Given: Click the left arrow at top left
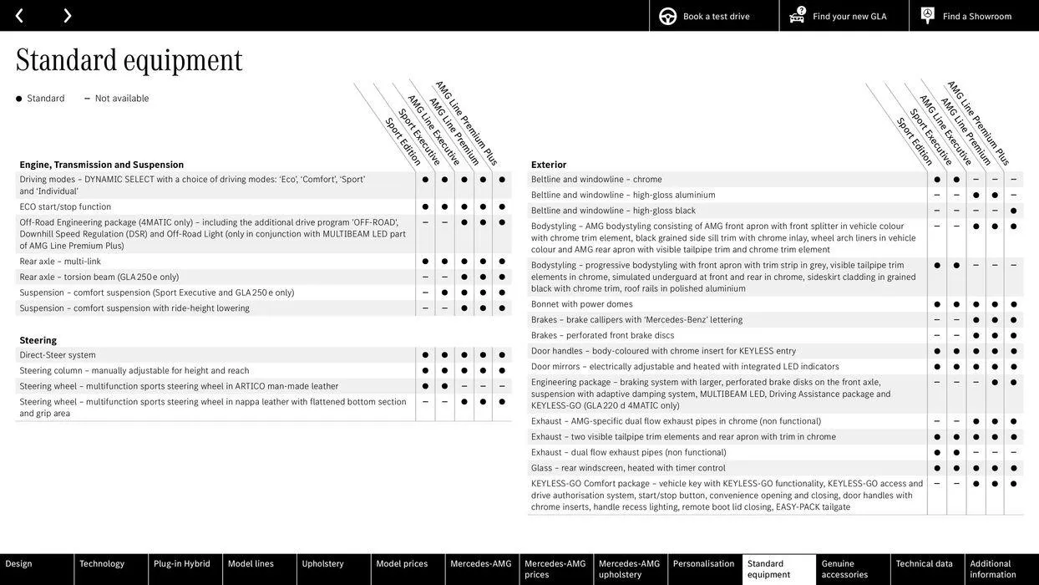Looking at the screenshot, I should tap(19, 16).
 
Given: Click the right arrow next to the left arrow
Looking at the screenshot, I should tap(67, 16).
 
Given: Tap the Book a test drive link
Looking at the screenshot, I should tap(715, 16).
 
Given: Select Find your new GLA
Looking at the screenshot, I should tap(849, 16).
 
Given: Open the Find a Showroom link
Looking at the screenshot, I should tap(976, 16).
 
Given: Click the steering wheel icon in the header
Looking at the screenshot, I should tap(668, 16).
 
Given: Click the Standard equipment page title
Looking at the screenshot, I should tap(129, 60).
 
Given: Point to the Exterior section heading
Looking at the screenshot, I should tap(549, 165).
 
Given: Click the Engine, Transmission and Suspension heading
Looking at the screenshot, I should tap(102, 165).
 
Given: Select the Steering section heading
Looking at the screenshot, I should tap(38, 340).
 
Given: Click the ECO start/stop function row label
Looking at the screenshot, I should tap(65, 206).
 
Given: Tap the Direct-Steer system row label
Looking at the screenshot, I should tap(58, 355).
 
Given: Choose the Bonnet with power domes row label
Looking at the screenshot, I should tap(582, 304).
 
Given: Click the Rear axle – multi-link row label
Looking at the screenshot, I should tap(60, 262).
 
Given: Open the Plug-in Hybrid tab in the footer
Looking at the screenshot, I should tap(182, 564).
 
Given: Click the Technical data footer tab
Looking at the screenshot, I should tap(925, 564).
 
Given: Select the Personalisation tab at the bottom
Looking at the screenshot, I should tap(703, 564).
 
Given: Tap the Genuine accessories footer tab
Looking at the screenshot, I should tap(844, 569).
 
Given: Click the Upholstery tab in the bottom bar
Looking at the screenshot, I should tap(323, 564).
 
